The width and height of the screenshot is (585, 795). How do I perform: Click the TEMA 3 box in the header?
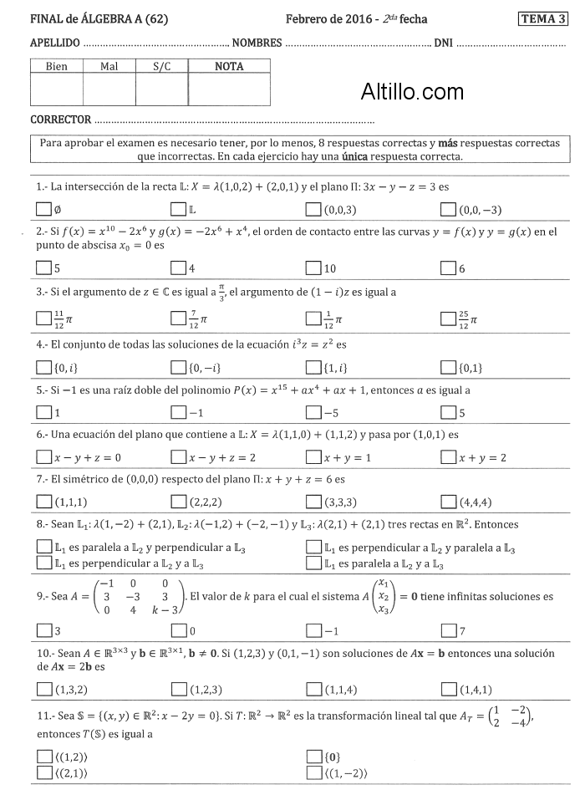click(x=542, y=18)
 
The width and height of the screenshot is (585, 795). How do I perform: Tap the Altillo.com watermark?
click(x=412, y=91)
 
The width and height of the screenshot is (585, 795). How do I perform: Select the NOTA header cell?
click(x=229, y=66)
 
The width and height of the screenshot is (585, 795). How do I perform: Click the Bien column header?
click(x=57, y=66)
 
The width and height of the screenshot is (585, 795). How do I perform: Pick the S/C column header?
click(x=162, y=66)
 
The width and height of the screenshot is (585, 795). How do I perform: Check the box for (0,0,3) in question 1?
click(x=313, y=209)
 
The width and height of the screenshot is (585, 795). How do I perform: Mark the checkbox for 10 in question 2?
click(x=313, y=268)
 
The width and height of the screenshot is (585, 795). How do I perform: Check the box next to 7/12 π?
click(x=178, y=319)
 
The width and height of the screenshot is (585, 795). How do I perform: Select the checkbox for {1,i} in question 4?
click(x=313, y=366)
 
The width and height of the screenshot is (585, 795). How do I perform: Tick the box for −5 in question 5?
click(x=313, y=412)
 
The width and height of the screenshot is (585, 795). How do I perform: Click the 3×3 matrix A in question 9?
click(x=136, y=597)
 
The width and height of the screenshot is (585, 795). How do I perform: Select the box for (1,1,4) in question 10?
click(x=313, y=689)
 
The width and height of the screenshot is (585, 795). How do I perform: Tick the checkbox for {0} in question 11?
click(x=313, y=757)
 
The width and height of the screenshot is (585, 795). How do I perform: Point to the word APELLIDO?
click(x=54, y=42)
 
